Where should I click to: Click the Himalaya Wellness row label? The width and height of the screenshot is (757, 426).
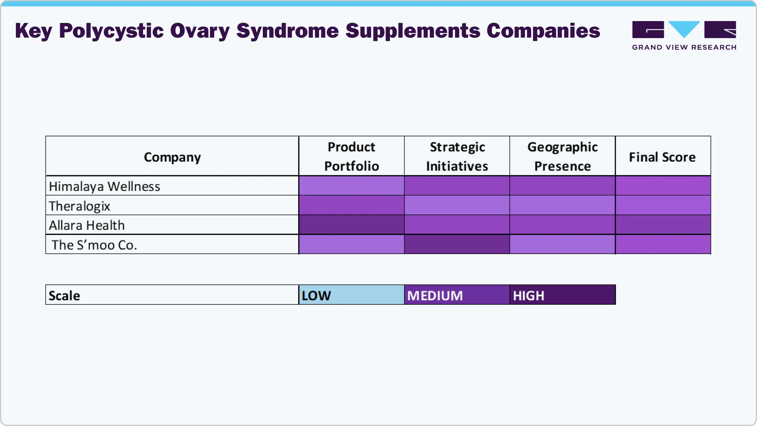pyautogui.click(x=105, y=186)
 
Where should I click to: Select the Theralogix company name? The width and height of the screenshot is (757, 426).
pyautogui.click(x=79, y=206)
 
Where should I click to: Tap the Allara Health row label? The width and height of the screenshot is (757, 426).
pyautogui.click(x=87, y=225)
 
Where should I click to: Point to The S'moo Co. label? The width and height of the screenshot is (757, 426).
pyautogui.click(x=94, y=245)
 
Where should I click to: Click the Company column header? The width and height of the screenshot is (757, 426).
pyautogui.click(x=172, y=157)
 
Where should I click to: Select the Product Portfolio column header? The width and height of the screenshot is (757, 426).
pyautogui.click(x=352, y=156)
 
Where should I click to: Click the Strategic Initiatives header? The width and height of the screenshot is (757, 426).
pyautogui.click(x=457, y=156)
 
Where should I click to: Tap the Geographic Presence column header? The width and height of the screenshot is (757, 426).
pyautogui.click(x=562, y=156)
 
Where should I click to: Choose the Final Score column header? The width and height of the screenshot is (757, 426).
pyautogui.click(x=662, y=157)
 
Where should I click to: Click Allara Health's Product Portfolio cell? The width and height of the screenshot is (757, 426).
pyautogui.click(x=352, y=225)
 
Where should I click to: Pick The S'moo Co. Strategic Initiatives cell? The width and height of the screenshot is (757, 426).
pyautogui.click(x=457, y=244)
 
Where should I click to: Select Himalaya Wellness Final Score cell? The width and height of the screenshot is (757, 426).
pyautogui.click(x=663, y=186)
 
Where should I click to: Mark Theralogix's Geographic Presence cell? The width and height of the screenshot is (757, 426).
pyautogui.click(x=562, y=205)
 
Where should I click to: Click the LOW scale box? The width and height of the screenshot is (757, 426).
pyautogui.click(x=352, y=295)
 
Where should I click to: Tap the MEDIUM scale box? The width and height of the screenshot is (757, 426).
pyautogui.click(x=457, y=295)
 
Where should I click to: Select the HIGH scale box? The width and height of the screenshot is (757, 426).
pyautogui.click(x=562, y=295)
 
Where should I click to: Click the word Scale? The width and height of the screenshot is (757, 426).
pyautogui.click(x=64, y=296)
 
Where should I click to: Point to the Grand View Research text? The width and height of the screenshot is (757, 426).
pyautogui.click(x=684, y=47)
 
